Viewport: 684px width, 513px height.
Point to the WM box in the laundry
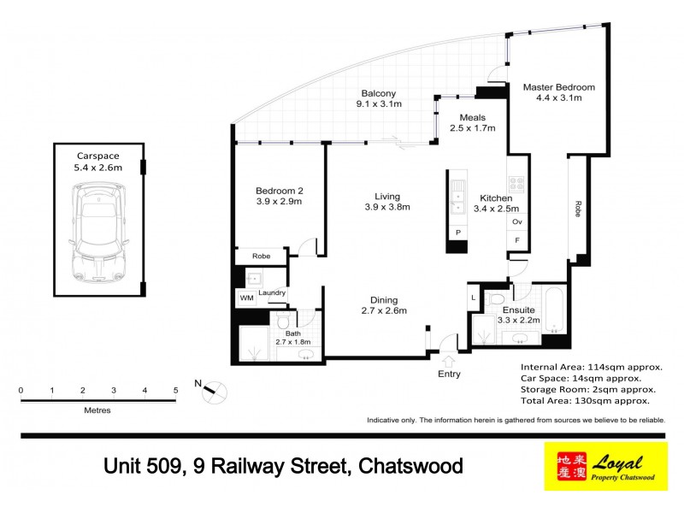coord(246,298)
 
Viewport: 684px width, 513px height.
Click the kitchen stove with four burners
coord(516,183)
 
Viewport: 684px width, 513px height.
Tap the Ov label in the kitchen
coord(516,222)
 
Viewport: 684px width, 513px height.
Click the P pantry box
coord(457,233)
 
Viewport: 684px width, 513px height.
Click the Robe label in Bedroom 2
coord(261,256)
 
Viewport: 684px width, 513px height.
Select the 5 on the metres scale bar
coord(175,391)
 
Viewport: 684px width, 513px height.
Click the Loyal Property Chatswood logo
coord(605,467)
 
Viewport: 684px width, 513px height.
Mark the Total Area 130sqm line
coord(585,399)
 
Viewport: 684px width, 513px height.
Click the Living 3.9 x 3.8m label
coord(386,202)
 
